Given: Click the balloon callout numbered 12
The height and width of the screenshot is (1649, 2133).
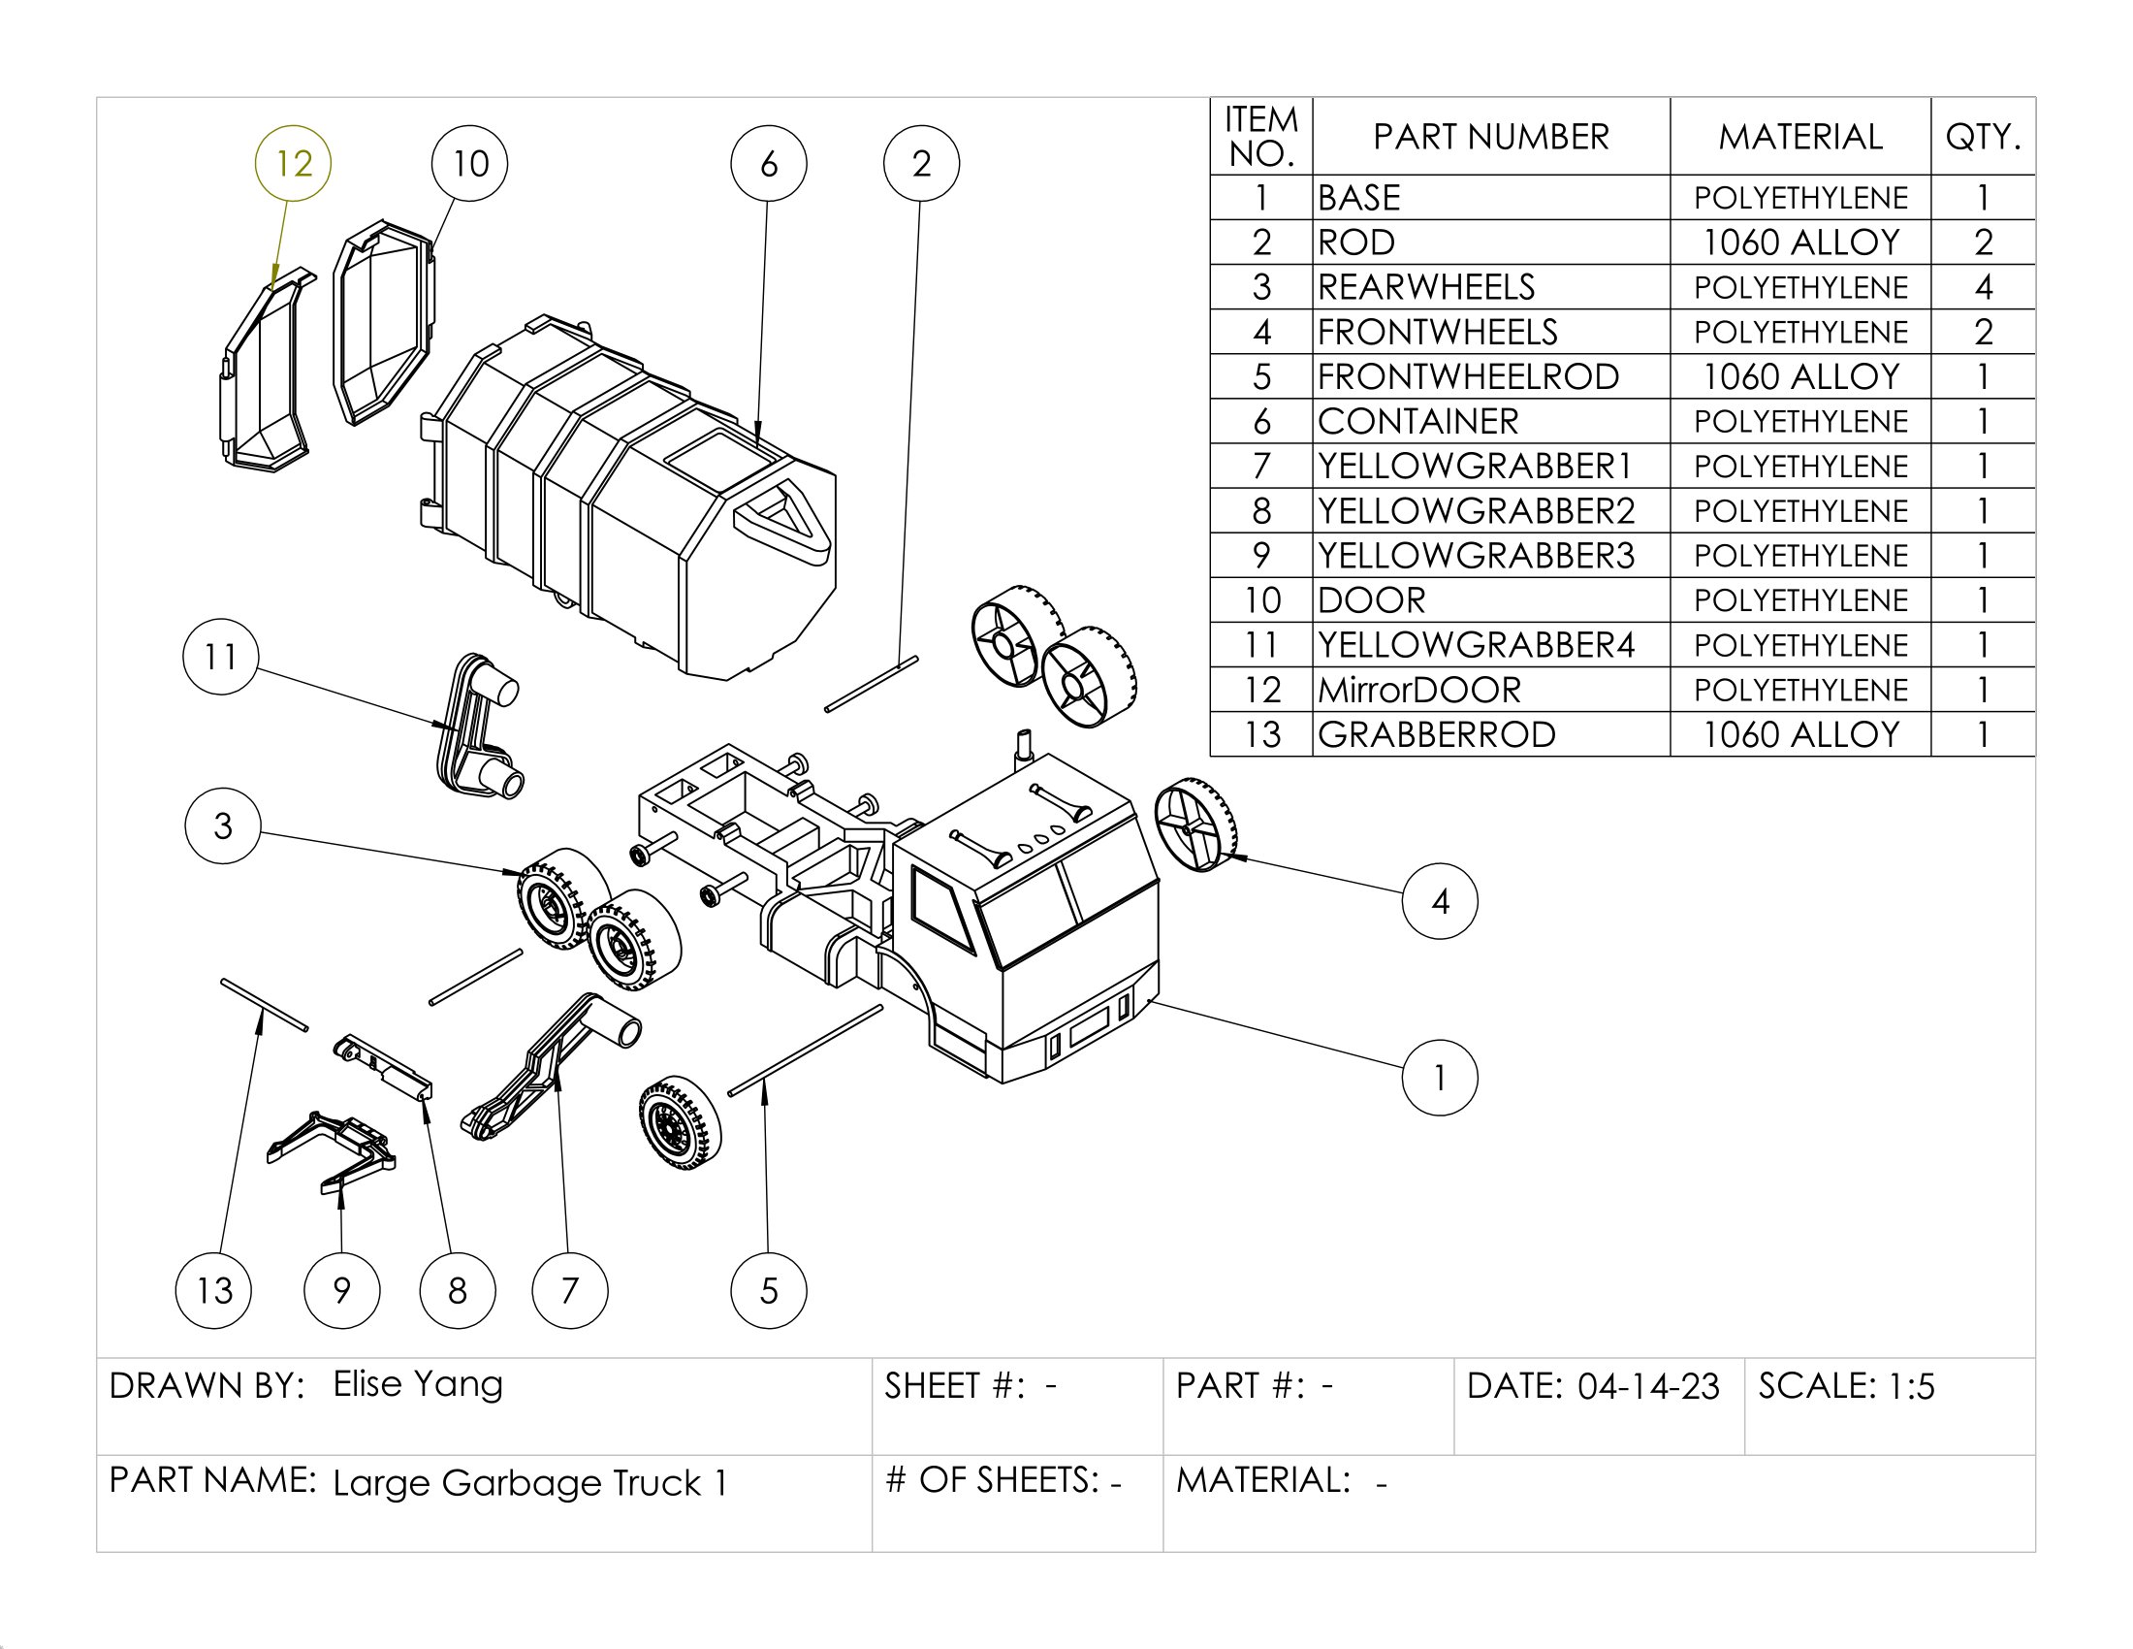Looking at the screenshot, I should pos(293,163).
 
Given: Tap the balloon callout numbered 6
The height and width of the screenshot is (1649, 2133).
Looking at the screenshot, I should pos(769,163).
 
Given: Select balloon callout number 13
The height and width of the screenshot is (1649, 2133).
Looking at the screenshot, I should pos(214,1289).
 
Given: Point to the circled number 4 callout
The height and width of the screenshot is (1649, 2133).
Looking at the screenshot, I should pos(1439,901).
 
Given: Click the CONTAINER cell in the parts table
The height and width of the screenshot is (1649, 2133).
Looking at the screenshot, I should pos(1418,421).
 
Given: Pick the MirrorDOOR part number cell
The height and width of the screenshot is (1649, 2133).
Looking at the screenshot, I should pos(1419,690).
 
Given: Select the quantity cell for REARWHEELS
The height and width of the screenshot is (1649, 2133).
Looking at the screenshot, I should pos(1983,287).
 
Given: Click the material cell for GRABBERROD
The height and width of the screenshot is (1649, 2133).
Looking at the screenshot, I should pos(1800,734).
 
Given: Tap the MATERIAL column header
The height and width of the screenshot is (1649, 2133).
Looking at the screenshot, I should pos(1800,137).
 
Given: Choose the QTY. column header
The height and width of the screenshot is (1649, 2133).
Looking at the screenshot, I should pos(1983,137).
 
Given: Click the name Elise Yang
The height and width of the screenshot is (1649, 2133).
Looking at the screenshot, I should pos(418,1383).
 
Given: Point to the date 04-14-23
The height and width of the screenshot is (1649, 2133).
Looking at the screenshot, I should pos(1647,1386).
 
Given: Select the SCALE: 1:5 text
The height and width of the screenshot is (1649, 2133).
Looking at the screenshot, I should pos(1846,1386).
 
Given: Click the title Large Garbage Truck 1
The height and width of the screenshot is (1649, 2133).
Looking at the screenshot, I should pos(530,1483).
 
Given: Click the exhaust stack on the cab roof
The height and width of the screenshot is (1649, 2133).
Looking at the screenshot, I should pos(1025,746).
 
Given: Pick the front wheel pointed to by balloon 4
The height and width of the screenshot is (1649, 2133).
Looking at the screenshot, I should pos(1195,824).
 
